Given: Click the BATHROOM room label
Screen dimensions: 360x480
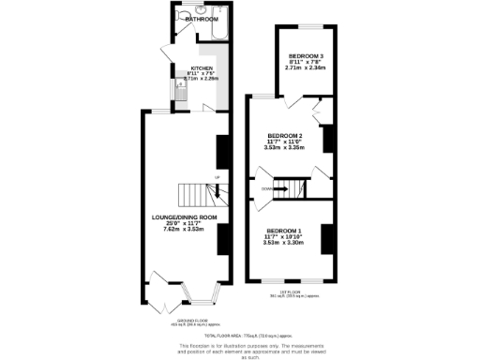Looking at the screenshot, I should click(202, 19).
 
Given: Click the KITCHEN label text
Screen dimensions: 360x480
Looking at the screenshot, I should click(202, 68).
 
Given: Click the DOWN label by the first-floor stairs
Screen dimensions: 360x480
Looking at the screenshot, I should click(267, 188).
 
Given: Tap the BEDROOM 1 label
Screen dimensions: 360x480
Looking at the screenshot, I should click(284, 231).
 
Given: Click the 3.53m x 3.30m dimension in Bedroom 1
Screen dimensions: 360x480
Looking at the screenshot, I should click(284, 242).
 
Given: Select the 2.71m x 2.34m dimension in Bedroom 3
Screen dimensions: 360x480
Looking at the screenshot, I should click(306, 67).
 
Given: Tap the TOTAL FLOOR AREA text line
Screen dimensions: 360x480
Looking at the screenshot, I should click(239, 334).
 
